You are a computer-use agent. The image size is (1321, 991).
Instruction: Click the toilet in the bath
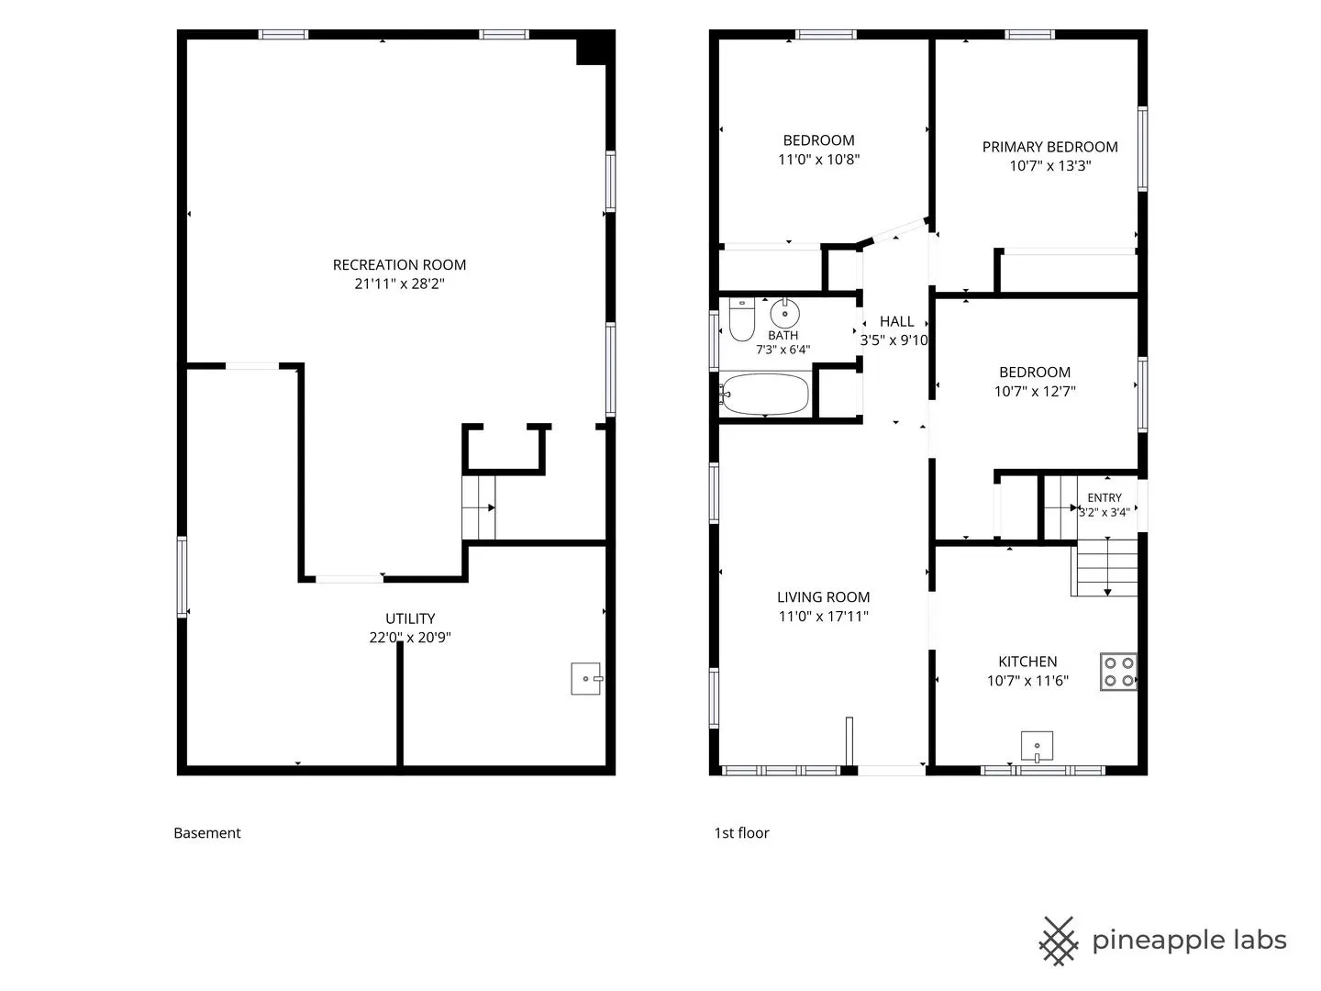741,319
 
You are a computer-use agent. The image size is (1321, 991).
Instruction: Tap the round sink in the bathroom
784,313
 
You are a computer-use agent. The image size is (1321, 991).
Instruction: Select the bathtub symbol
764,395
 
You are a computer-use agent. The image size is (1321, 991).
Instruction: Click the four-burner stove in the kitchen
1118,671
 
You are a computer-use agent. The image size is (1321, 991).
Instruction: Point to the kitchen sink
1037,746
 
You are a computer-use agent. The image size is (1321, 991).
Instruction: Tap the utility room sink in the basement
586,679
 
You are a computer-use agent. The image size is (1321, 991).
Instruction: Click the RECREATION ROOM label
399,265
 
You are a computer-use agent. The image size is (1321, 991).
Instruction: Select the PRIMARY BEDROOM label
1049,147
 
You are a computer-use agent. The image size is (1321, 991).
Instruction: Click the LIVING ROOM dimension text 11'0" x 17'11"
823,616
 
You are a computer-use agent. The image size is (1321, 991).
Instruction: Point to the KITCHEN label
1027,662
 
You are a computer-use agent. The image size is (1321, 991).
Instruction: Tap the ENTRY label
1105,497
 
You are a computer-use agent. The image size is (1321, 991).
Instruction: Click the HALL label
896,321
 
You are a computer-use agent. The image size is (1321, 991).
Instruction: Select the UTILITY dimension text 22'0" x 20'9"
410,637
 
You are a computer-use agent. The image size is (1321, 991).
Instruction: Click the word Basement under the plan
207,833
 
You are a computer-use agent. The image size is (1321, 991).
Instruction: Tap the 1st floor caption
741,833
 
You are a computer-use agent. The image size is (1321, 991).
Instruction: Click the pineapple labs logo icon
1058,941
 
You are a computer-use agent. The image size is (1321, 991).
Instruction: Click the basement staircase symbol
479,507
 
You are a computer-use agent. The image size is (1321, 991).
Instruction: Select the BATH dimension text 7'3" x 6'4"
783,350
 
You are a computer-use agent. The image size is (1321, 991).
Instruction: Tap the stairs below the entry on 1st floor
1105,567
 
